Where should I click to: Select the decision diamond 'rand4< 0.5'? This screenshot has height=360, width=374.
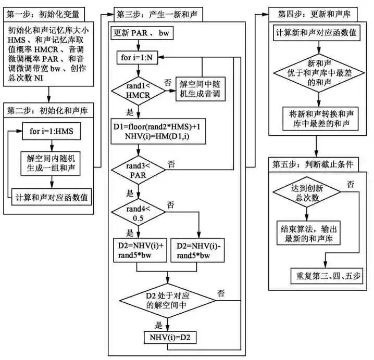pyautogui.click(x=138, y=213)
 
